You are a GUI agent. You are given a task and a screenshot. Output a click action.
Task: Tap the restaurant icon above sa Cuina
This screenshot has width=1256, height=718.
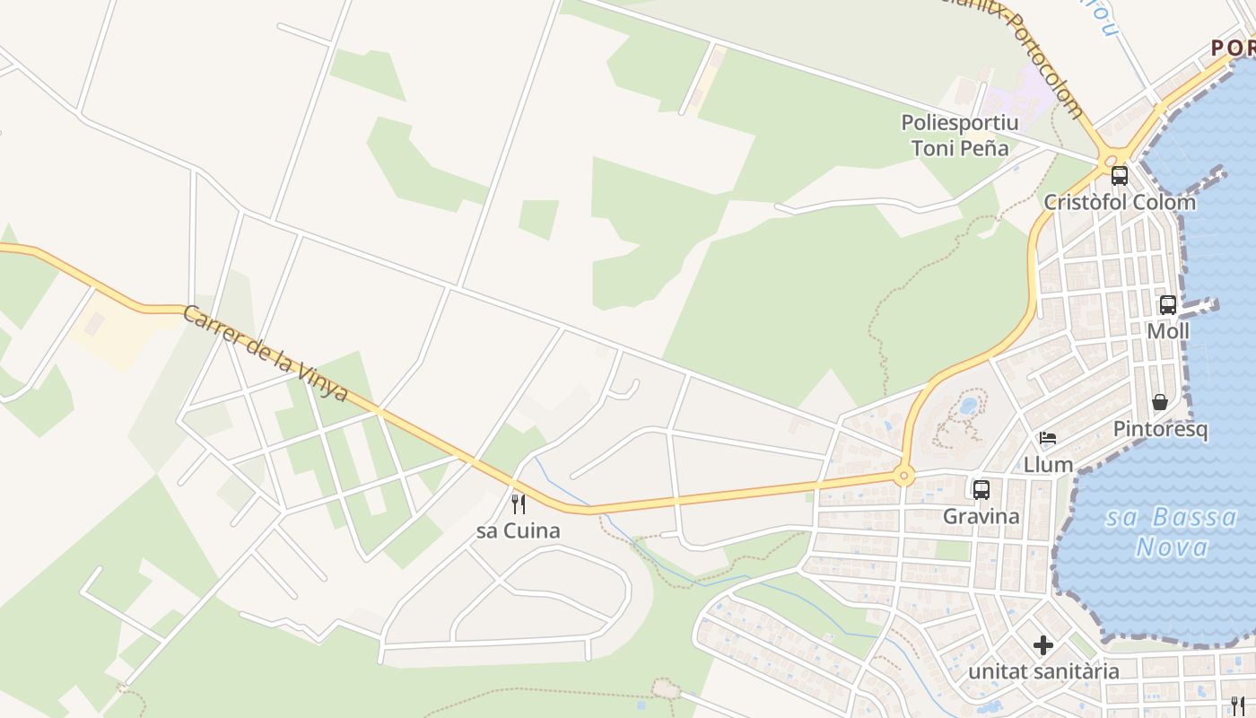point(518,503)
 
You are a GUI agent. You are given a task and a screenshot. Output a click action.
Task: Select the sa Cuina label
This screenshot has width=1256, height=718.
point(518,530)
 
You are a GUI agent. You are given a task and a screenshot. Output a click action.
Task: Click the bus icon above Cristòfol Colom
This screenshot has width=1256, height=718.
point(1119,175)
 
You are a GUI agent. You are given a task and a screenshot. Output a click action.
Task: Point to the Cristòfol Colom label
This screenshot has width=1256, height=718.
point(1119,202)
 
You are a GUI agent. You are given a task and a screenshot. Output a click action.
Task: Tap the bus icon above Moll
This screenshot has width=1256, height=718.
point(1167,304)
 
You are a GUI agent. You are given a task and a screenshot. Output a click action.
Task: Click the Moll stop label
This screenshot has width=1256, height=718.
point(1167,331)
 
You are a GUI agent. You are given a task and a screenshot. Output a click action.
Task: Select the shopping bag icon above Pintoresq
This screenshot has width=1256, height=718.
point(1160,401)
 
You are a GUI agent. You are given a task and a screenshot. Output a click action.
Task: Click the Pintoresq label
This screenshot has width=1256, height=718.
point(1160,429)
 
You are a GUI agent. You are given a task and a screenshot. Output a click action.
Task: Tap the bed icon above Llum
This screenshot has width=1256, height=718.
point(1047,438)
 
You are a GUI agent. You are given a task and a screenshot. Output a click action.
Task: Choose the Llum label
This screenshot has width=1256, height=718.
point(1048,465)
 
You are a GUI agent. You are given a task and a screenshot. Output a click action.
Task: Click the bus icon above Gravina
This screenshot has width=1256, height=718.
point(981,489)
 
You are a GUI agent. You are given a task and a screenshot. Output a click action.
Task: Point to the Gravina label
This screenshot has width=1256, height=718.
point(981,516)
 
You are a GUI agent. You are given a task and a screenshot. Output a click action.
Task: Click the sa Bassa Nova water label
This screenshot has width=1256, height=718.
point(1171,531)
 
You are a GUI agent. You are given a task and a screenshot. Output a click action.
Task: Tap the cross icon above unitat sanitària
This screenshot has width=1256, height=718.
point(1042,644)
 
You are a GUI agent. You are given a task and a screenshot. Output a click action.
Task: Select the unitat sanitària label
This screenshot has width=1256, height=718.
point(1042,671)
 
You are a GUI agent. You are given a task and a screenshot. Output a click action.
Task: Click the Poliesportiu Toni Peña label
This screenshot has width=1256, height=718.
point(960,135)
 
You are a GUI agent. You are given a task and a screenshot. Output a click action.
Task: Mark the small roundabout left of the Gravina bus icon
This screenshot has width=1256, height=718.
point(903,476)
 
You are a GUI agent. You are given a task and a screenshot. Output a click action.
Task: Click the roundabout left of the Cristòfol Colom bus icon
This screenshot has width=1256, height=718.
point(1110,159)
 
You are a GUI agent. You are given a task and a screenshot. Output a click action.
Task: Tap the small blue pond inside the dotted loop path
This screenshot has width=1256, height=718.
point(967,406)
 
